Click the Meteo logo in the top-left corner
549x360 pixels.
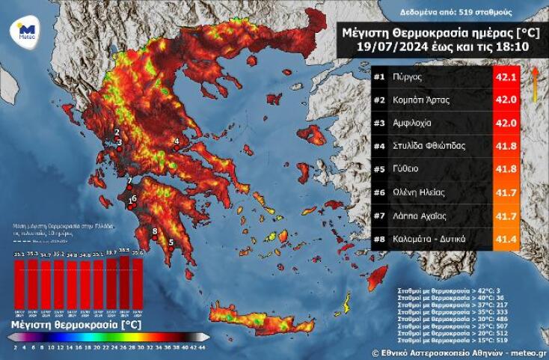[22, 31]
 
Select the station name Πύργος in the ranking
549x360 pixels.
[414, 76]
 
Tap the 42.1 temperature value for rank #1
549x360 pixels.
[506, 76]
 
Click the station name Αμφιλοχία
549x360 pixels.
[420, 123]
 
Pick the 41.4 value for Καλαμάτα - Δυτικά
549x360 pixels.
[506, 239]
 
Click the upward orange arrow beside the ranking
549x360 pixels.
[535, 82]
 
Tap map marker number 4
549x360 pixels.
[177, 141]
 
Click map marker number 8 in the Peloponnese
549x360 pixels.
[155, 231]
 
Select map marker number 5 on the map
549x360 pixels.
[171, 242]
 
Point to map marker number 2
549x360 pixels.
[117, 132]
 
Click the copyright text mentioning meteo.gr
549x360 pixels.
[458, 351]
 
